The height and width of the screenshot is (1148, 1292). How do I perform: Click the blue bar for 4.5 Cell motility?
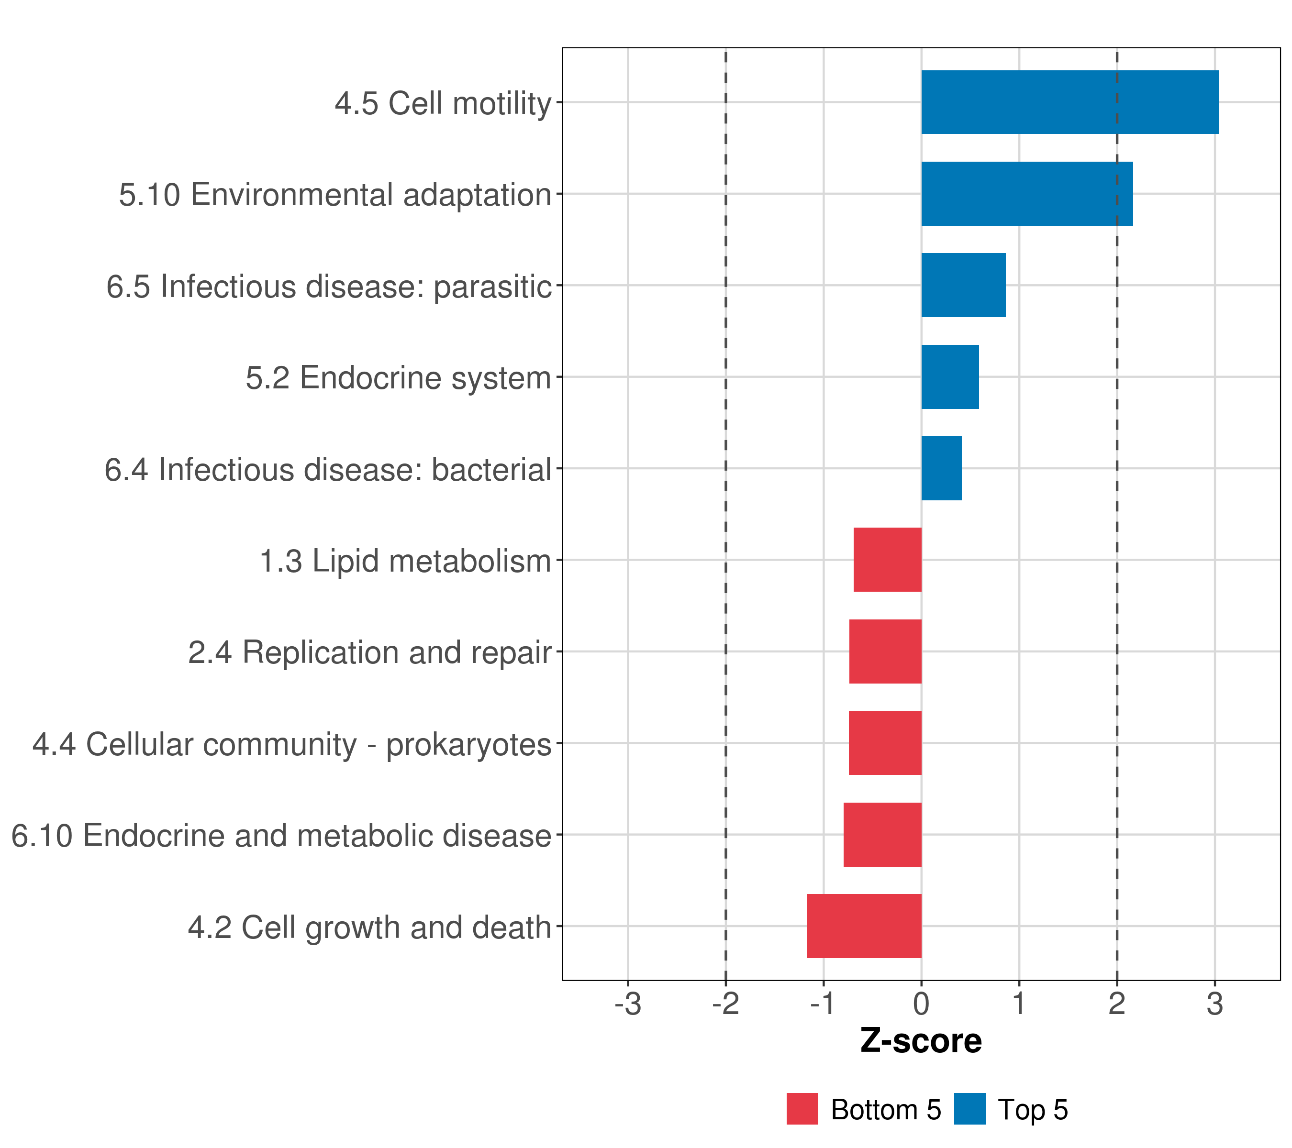1069,102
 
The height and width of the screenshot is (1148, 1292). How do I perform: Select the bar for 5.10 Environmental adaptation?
1026,194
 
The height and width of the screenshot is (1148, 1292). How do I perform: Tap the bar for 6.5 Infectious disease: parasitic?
963,285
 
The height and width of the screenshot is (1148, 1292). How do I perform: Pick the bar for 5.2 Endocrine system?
950,377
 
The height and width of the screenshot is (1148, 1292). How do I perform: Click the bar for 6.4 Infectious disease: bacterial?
941,468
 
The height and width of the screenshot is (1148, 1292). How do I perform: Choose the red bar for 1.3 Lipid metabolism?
888,560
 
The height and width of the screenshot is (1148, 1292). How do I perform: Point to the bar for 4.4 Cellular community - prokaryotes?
885,743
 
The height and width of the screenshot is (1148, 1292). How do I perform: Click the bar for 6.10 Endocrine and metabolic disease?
882,835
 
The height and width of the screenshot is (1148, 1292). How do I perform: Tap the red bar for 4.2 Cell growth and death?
864,926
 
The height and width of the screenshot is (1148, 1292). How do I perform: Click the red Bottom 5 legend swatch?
802,1109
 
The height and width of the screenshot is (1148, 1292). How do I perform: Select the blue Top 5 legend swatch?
969,1109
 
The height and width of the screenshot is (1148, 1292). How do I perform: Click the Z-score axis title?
921,1040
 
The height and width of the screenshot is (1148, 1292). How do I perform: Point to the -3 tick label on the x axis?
628,1004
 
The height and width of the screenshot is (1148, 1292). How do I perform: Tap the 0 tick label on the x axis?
921,1004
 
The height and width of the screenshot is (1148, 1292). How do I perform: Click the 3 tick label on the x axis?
1214,1004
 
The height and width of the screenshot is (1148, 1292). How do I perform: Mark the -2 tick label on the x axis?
725,1004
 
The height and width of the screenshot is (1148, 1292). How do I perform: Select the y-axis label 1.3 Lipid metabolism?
405,561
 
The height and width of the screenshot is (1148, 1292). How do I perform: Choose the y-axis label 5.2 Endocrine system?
398,378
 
